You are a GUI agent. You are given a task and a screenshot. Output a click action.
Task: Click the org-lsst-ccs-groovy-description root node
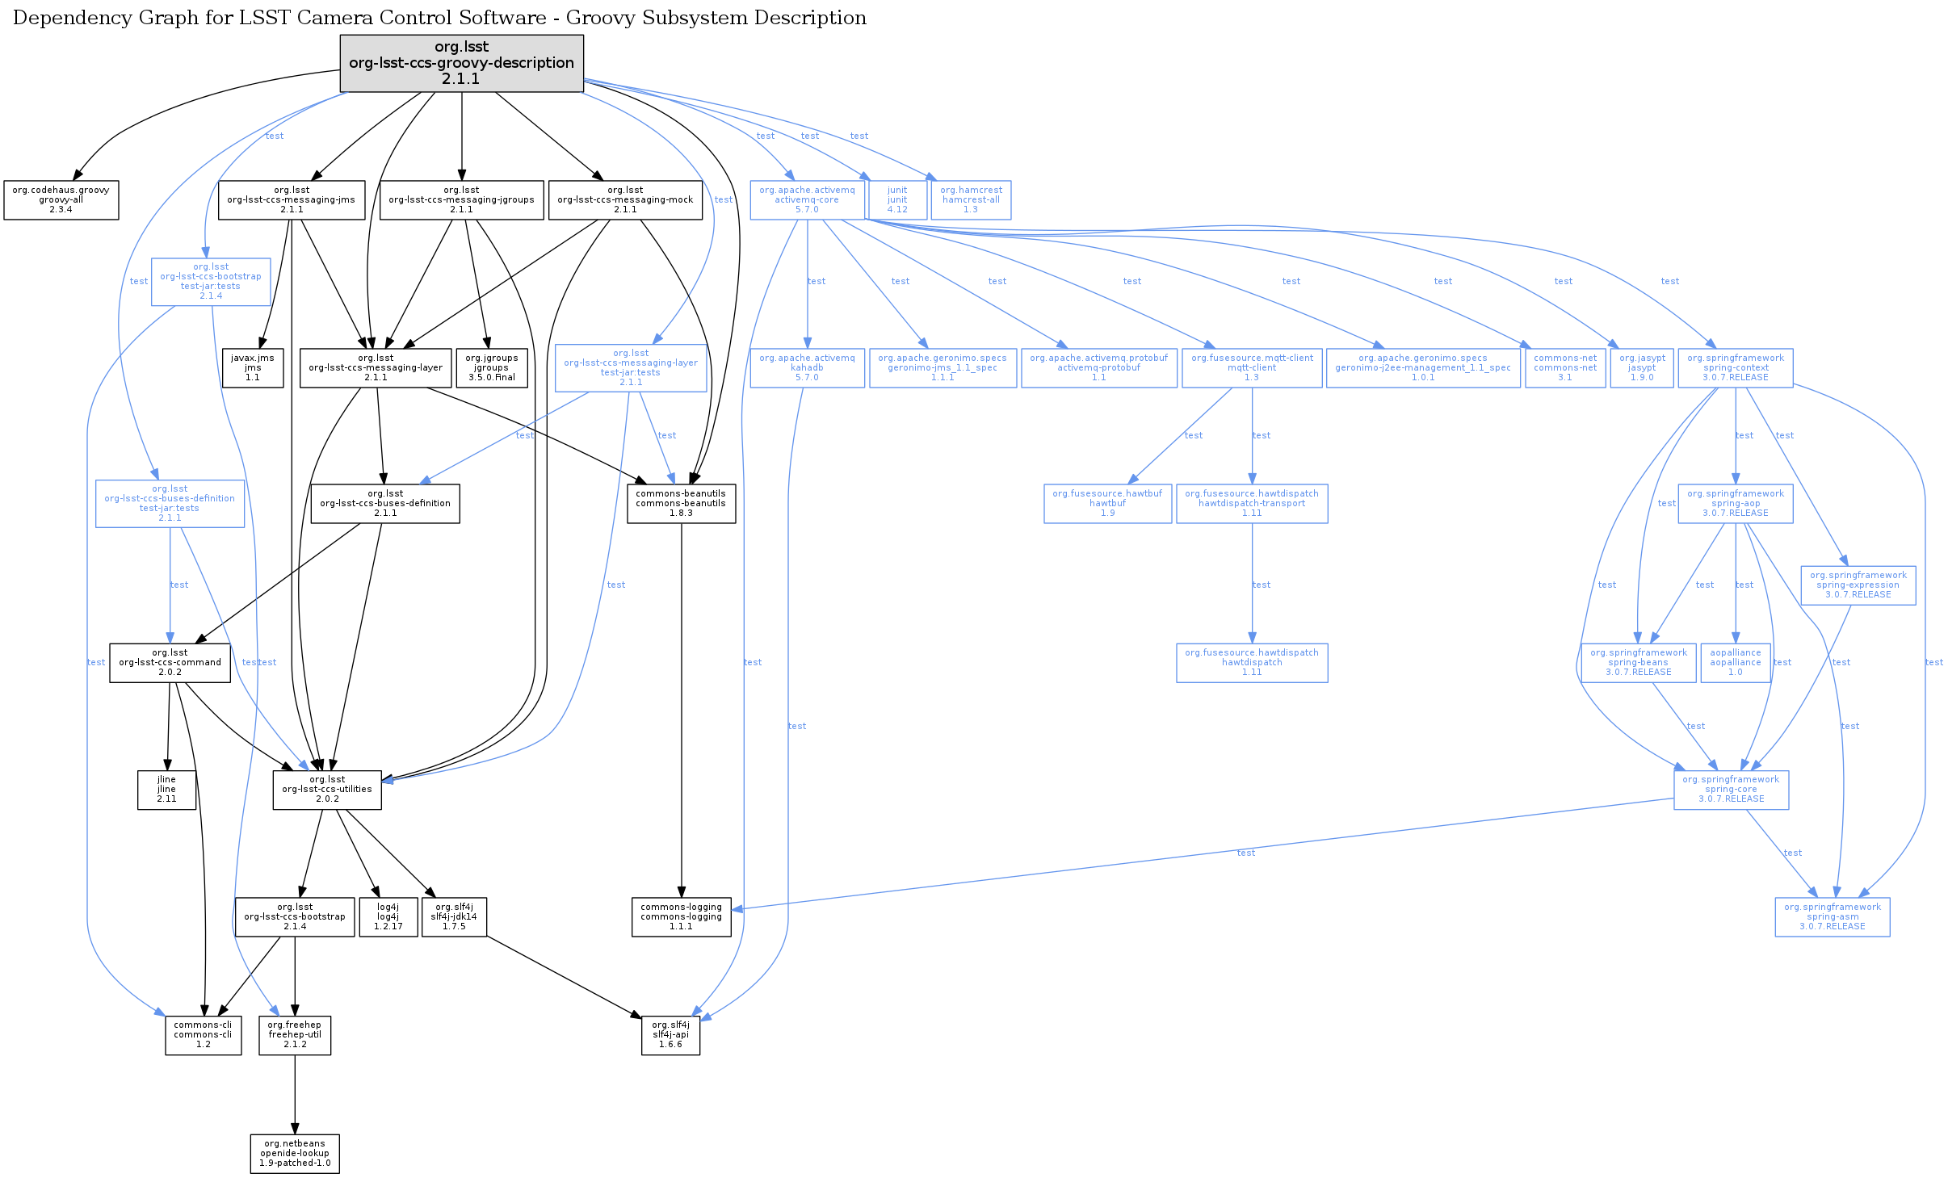pyautogui.click(x=461, y=63)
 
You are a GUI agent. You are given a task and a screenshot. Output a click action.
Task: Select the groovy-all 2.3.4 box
pyautogui.click(x=61, y=199)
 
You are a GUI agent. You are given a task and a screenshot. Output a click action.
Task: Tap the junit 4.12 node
pyautogui.click(x=896, y=199)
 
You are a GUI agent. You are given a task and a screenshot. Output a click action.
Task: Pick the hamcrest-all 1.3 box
pyautogui.click(x=971, y=199)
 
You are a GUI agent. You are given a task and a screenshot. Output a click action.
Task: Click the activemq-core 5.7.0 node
pyautogui.click(x=807, y=199)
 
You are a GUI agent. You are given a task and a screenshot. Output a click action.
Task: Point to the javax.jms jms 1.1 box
pyautogui.click(x=253, y=367)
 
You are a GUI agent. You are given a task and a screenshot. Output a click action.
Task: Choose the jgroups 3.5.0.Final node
pyautogui.click(x=491, y=367)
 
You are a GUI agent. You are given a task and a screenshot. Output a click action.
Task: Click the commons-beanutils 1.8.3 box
pyautogui.click(x=681, y=503)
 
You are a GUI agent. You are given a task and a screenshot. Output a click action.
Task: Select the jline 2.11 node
pyautogui.click(x=166, y=789)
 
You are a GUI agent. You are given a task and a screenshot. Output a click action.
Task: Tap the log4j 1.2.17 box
pyautogui.click(x=388, y=916)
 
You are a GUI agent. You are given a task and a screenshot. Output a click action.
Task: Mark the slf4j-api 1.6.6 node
pyautogui.click(x=670, y=1034)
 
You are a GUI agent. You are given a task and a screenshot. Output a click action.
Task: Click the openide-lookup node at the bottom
pyautogui.click(x=295, y=1153)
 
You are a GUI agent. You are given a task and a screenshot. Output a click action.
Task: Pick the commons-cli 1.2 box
pyautogui.click(x=203, y=1034)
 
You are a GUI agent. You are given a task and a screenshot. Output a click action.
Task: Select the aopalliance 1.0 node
pyautogui.click(x=1735, y=662)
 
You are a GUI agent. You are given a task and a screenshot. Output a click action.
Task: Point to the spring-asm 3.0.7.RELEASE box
pyautogui.click(x=1832, y=916)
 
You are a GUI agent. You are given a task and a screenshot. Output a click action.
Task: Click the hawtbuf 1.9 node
pyautogui.click(x=1107, y=503)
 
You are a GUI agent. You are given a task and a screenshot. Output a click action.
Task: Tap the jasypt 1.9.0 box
pyautogui.click(x=1641, y=367)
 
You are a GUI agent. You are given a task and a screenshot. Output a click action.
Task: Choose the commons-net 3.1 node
pyautogui.click(x=1564, y=367)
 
